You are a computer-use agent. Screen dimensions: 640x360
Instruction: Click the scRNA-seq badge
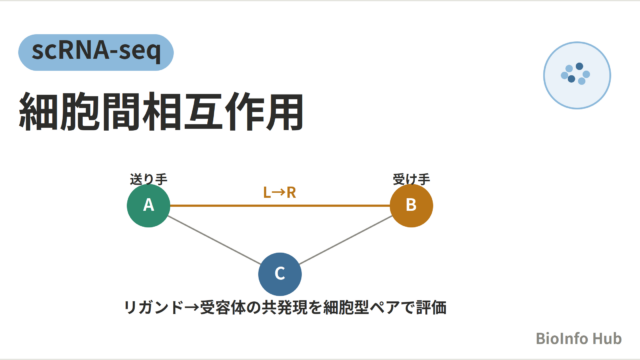pyautogui.click(x=96, y=52)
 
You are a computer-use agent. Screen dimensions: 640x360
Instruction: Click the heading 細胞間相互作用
pyautogui.click(x=162, y=111)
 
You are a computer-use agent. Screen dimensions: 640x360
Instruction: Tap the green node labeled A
pyautogui.click(x=149, y=205)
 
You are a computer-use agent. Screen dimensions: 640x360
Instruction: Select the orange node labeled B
pyautogui.click(x=411, y=205)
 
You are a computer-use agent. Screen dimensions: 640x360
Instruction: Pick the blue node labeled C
pyautogui.click(x=280, y=274)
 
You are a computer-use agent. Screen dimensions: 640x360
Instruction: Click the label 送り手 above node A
pyautogui.click(x=149, y=179)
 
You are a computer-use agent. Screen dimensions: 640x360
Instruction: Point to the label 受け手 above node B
pyautogui.click(x=411, y=179)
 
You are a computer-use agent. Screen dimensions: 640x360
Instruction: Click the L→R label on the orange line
pyautogui.click(x=280, y=192)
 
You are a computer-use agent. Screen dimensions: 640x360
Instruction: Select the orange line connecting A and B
pyautogui.click(x=280, y=206)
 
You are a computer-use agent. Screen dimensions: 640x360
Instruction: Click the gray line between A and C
pyautogui.click(x=214, y=240)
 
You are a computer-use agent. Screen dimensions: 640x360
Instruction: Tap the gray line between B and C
pyautogui.click(x=346, y=240)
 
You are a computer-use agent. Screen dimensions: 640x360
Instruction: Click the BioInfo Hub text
pyautogui.click(x=578, y=338)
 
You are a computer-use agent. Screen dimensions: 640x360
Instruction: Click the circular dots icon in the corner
pyautogui.click(x=577, y=75)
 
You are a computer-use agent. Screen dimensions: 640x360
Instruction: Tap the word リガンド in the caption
pyautogui.click(x=153, y=307)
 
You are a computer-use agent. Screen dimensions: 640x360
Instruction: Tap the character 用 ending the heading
pyautogui.click(x=285, y=111)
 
